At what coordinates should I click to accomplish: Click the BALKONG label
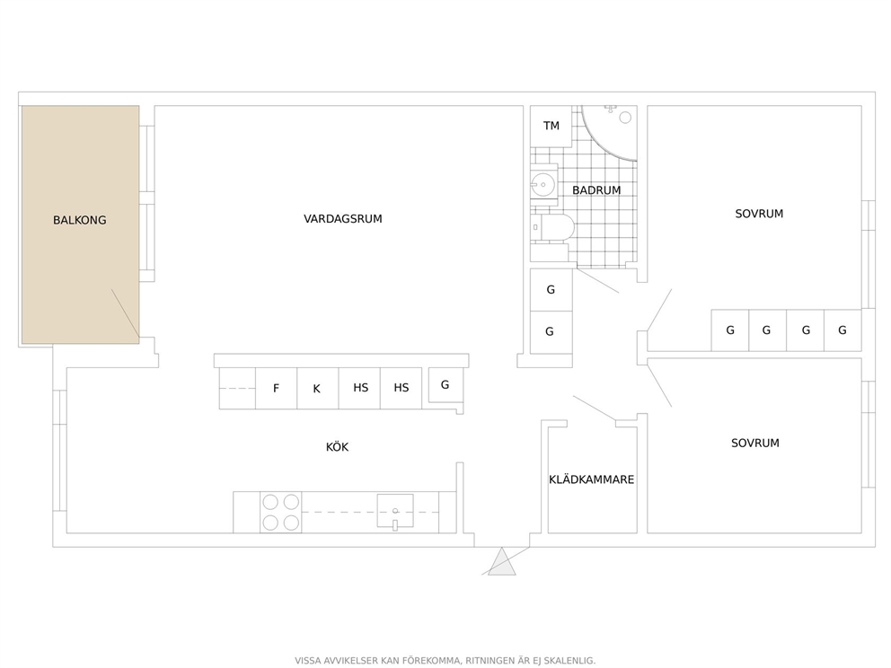pos(80,220)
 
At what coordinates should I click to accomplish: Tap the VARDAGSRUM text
pos(342,219)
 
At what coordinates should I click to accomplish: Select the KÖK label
pos(337,447)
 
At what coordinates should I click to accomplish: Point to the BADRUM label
pos(596,190)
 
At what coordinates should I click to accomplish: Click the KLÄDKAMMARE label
pos(592,479)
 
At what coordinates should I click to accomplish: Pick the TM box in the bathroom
pos(551,126)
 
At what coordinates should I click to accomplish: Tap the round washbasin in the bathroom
pos(543,184)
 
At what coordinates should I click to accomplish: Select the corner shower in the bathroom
pos(609,133)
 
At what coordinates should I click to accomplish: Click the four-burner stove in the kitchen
pos(281,513)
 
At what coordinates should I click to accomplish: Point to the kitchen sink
pos(395,512)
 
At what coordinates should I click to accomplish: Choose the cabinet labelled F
pos(276,389)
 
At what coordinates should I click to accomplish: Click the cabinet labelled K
pos(318,389)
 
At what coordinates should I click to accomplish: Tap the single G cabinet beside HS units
pos(445,386)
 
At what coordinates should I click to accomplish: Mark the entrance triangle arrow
pos(502,561)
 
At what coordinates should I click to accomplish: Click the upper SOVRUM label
pos(759,214)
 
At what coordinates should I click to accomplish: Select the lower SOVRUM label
pos(755,443)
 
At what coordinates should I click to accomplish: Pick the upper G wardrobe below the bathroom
pos(551,290)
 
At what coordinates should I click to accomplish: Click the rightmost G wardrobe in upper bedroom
pos(842,330)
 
